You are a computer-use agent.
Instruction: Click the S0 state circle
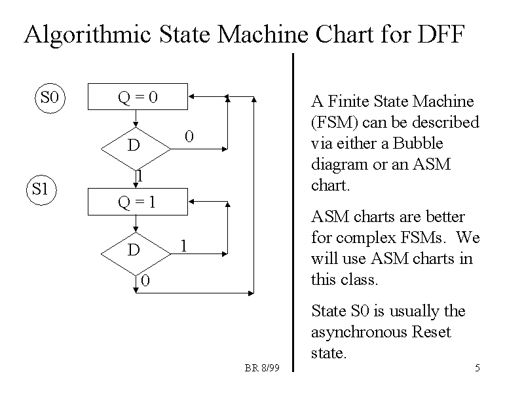49,99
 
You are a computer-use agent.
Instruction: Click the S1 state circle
41,190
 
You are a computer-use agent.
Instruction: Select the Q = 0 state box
138,97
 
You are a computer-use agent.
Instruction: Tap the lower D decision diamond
134,250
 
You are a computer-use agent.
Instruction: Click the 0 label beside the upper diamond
189,137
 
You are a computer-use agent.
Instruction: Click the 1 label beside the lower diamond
184,246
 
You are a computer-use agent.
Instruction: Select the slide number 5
477,368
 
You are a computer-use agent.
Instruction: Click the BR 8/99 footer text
262,368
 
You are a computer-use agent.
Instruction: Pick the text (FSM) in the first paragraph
333,122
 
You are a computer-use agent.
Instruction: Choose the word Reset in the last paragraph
431,332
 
